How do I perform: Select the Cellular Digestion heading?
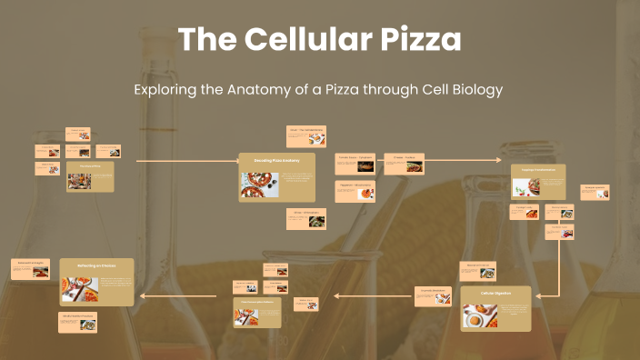[495, 293]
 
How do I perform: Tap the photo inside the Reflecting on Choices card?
[79, 289]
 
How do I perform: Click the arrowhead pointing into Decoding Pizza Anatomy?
[235, 161]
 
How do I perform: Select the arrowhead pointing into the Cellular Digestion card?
[536, 295]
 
